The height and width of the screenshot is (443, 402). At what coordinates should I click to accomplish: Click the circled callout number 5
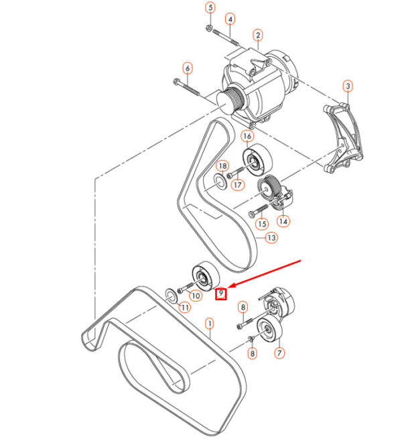point(210,7)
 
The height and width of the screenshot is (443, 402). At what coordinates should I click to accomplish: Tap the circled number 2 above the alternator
point(258,36)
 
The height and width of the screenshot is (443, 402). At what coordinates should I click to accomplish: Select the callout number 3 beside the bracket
point(348,86)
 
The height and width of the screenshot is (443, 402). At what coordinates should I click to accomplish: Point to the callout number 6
point(188,68)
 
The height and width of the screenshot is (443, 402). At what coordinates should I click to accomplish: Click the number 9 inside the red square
point(221,294)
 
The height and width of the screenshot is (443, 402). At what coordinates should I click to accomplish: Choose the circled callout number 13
point(271,238)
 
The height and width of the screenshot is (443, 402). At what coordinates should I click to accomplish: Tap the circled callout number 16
point(247,136)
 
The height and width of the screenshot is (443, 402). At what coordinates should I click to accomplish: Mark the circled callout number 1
point(209,324)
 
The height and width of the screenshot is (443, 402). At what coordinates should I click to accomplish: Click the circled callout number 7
point(279,353)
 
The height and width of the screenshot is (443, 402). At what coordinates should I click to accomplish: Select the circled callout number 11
point(185,307)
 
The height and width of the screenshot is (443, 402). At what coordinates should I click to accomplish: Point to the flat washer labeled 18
point(220,182)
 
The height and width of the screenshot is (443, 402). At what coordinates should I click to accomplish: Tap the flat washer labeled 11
point(172,296)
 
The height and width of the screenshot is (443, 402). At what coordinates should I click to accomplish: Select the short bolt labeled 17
point(235,172)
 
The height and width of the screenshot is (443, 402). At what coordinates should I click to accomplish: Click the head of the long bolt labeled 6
point(176,82)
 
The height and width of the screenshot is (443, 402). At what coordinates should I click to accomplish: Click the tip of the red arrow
point(227,288)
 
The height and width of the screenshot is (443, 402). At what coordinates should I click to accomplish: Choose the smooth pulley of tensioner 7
point(269,330)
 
